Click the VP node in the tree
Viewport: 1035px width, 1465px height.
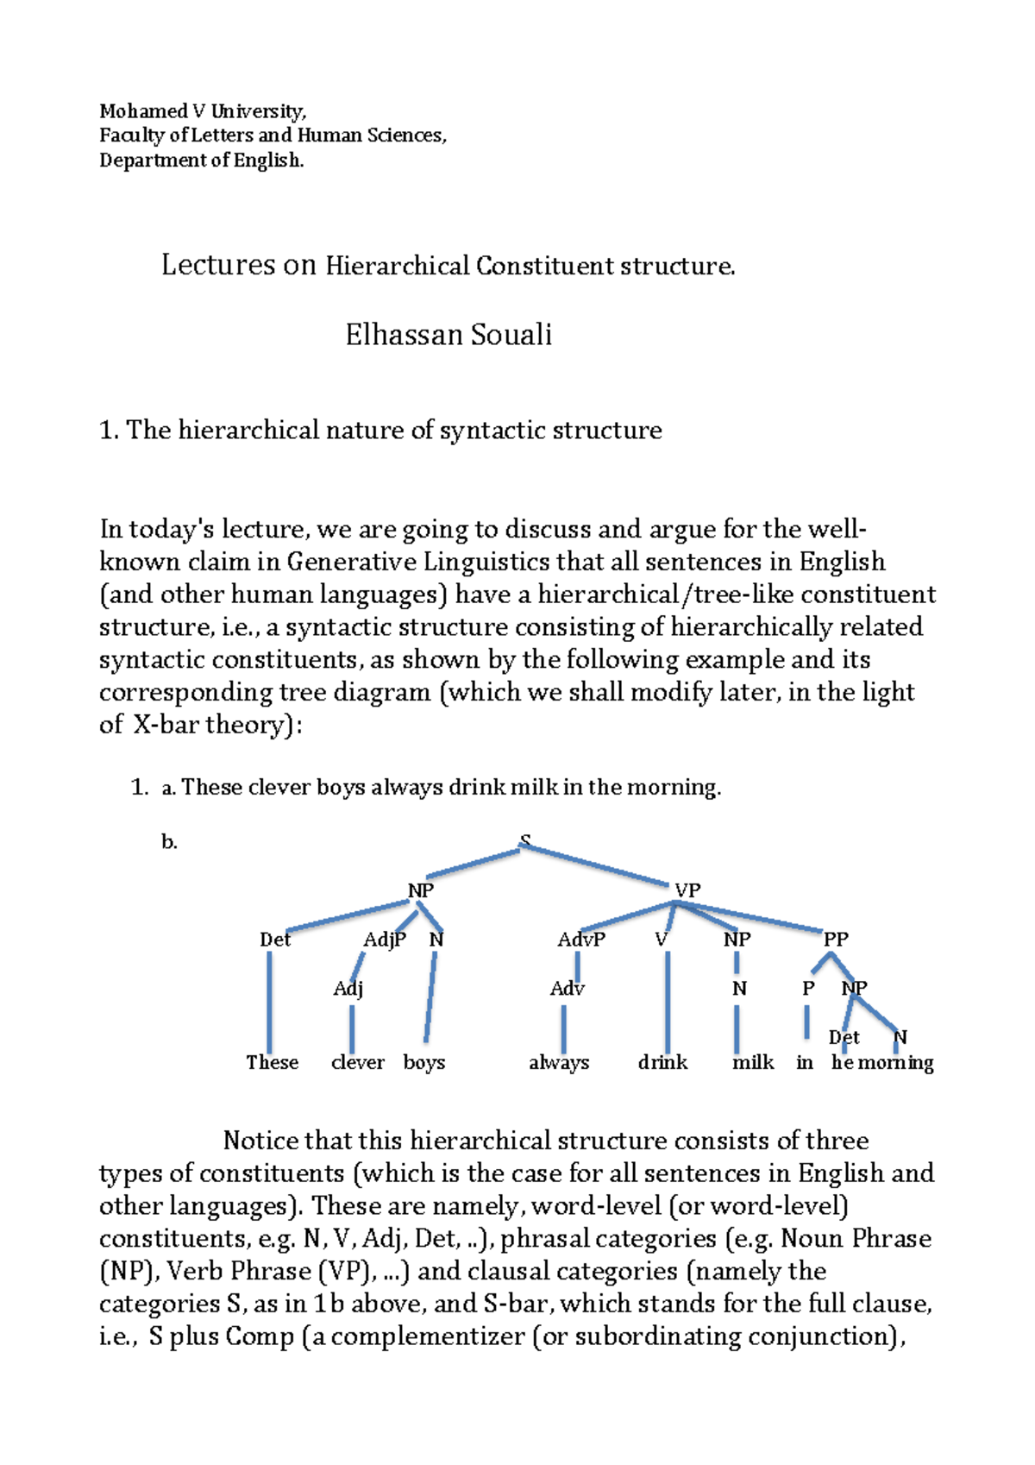tap(687, 890)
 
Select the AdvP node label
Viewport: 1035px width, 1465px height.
tap(581, 940)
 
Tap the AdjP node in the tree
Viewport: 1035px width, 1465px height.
tap(385, 940)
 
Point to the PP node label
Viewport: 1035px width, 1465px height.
tap(836, 939)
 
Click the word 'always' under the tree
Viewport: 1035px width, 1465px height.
tap(559, 1063)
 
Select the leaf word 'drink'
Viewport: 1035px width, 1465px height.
tap(662, 1063)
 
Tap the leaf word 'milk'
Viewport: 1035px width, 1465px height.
tap(753, 1063)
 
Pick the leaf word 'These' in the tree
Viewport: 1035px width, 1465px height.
tap(273, 1063)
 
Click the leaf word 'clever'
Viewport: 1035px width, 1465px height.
tap(357, 1063)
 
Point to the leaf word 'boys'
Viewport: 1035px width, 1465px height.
tap(424, 1063)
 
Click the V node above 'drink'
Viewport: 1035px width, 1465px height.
tap(661, 940)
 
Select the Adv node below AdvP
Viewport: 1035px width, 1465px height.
tap(567, 989)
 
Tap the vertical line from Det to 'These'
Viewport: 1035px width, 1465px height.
tap(270, 1001)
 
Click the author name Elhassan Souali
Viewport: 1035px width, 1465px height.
tap(448, 335)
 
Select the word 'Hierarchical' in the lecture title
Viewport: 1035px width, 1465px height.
tap(397, 266)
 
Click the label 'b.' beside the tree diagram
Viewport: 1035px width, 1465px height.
tap(169, 842)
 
